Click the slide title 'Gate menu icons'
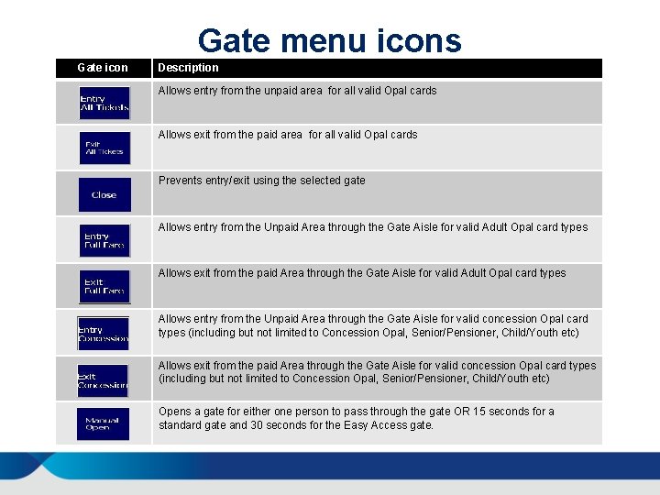click(330, 40)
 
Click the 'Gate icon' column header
click(103, 68)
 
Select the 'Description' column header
click(188, 68)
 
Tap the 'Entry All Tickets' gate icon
click(104, 103)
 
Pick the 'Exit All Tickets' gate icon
click(104, 148)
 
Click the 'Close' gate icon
click(104, 194)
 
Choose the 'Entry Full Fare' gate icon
click(104, 240)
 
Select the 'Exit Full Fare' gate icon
click(104, 286)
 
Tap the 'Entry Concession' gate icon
click(103, 334)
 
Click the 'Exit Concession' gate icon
click(103, 379)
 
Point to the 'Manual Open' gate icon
click(103, 423)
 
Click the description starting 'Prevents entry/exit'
click(261, 181)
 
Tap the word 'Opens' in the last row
click(174, 412)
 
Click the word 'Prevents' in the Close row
click(180, 181)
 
